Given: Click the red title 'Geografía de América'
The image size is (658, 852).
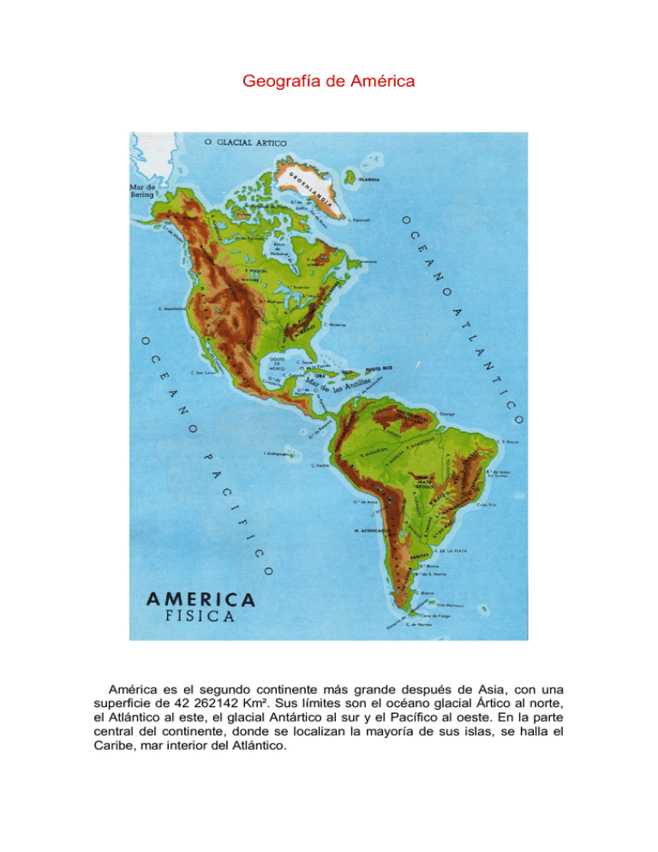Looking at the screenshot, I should pyautogui.click(x=329, y=82).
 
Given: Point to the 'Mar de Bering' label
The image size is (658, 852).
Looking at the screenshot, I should pyautogui.click(x=142, y=189).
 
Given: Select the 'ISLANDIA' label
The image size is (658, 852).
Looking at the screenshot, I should pyautogui.click(x=368, y=181).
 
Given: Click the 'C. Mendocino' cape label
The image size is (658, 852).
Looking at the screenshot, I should pyautogui.click(x=173, y=309).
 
